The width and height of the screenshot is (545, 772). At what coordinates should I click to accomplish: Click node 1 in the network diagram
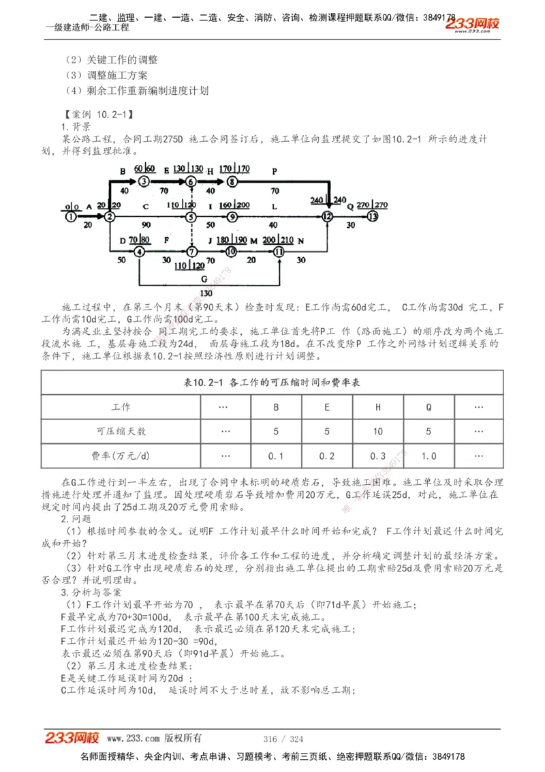pyautogui.click(x=71, y=216)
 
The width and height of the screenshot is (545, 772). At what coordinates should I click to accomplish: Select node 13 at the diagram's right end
pyautogui.click(x=371, y=216)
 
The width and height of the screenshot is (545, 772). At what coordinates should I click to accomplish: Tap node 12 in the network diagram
pyautogui.click(x=328, y=216)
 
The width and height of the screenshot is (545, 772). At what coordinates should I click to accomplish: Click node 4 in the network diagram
pyautogui.click(x=139, y=251)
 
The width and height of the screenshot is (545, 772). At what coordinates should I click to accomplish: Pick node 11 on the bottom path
pyautogui.click(x=279, y=251)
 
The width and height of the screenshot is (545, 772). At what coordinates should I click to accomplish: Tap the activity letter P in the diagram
pyautogui.click(x=275, y=171)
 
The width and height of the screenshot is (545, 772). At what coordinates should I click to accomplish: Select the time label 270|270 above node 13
pyautogui.click(x=371, y=205)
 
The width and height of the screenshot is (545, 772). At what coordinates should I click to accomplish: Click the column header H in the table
pyautogui.click(x=378, y=407)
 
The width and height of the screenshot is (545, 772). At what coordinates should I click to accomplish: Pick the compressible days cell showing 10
pyautogui.click(x=378, y=432)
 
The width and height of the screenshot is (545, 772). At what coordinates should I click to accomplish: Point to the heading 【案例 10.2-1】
pyautogui.click(x=97, y=114)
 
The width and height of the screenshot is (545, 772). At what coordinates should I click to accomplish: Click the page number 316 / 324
pyautogui.click(x=283, y=739)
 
